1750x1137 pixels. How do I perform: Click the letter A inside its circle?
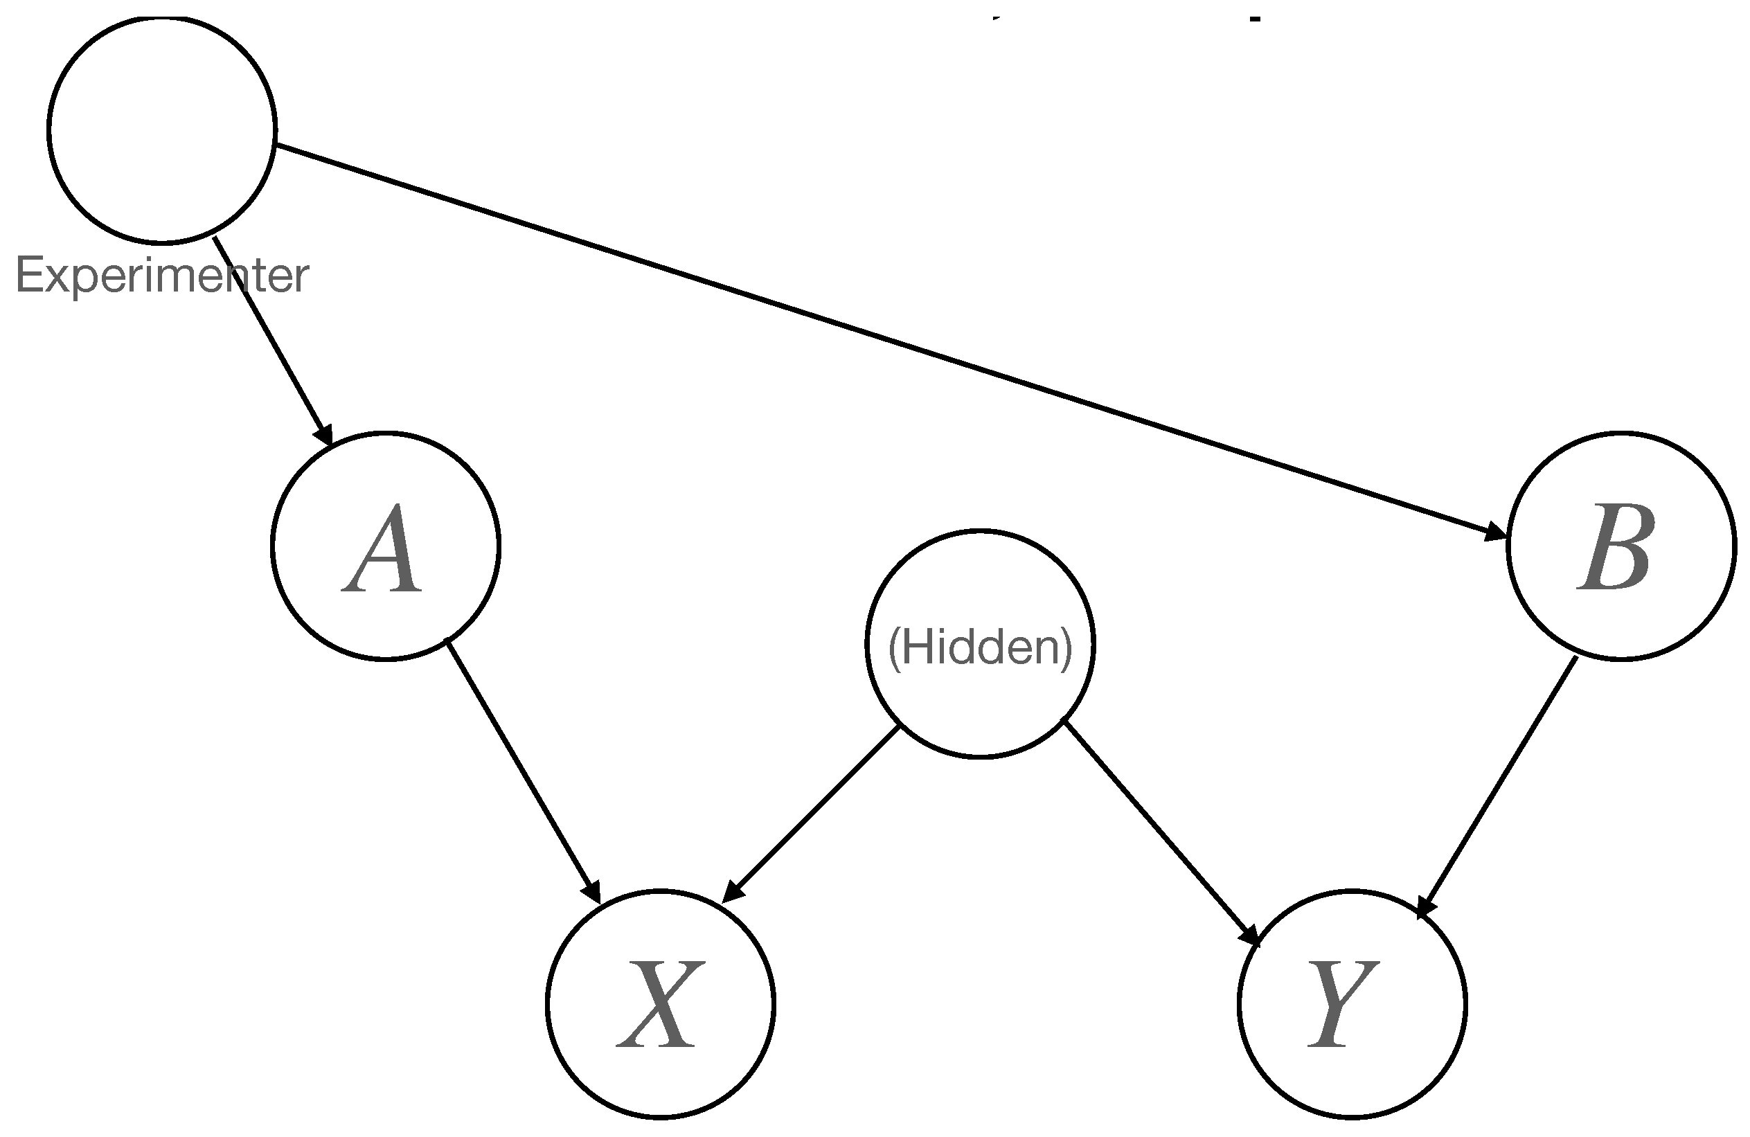(382, 549)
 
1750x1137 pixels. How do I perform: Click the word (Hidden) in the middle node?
(979, 647)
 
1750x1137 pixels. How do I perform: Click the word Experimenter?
(162, 276)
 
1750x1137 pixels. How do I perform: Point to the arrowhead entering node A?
(324, 433)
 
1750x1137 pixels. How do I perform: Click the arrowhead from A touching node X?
(592, 892)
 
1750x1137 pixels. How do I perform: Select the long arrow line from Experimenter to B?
(882, 339)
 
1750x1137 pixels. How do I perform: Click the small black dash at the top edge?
(1256, 19)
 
